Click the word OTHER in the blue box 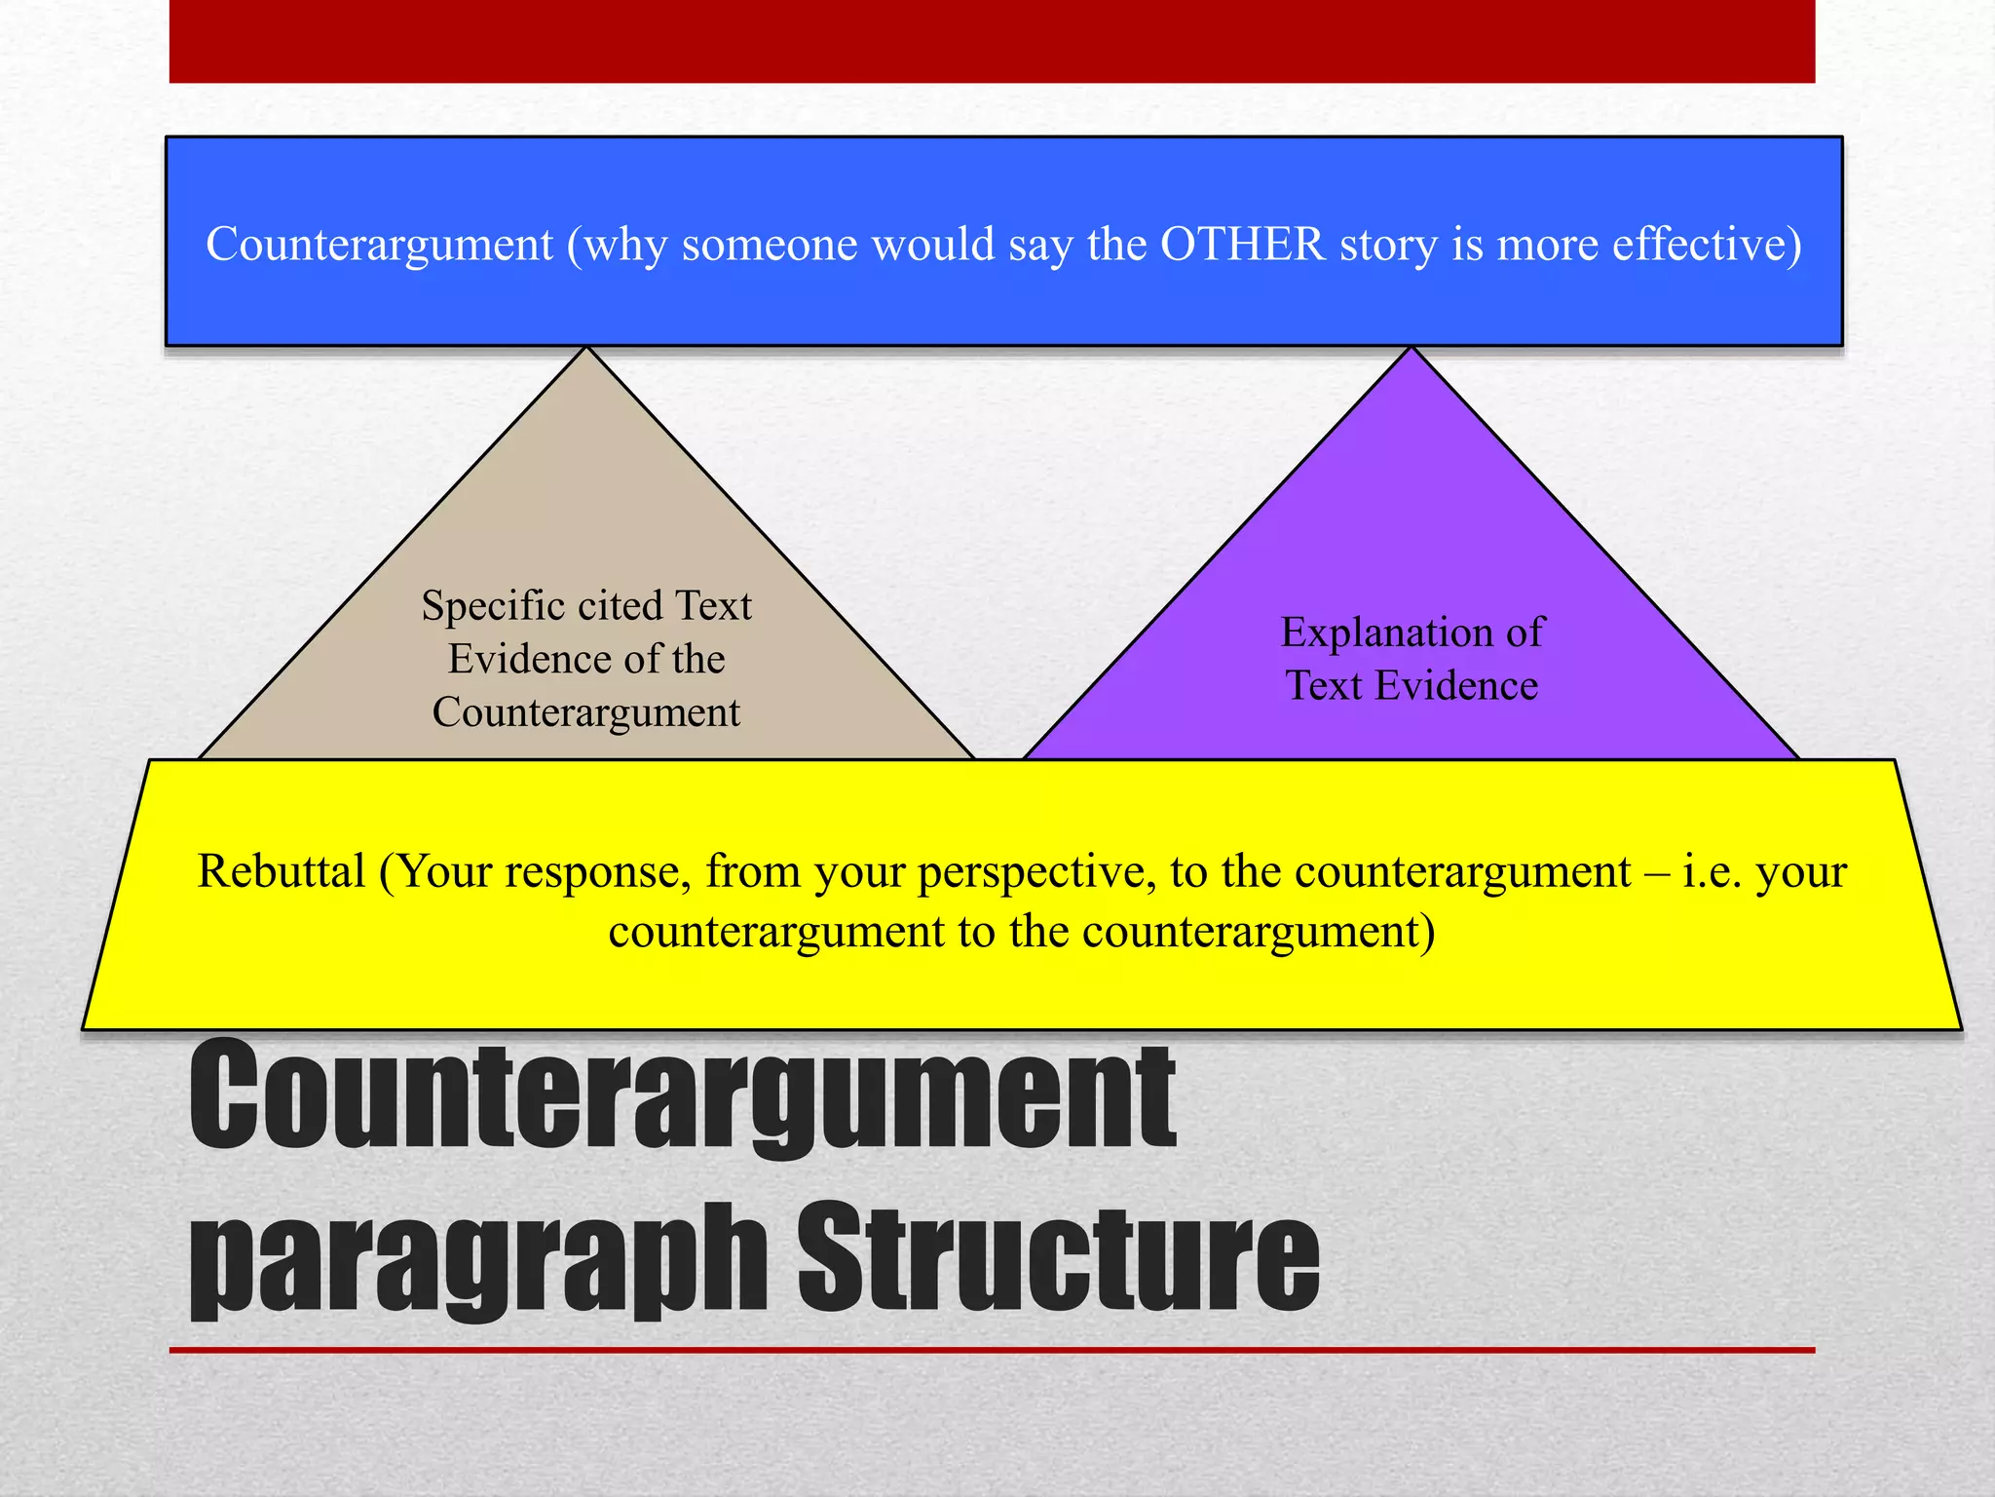1242,244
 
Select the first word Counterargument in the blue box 379,244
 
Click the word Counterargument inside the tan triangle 585,712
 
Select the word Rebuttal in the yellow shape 281,870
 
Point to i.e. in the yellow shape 1712,870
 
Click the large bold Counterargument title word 682,1096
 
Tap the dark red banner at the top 992,41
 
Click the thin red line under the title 992,1350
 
